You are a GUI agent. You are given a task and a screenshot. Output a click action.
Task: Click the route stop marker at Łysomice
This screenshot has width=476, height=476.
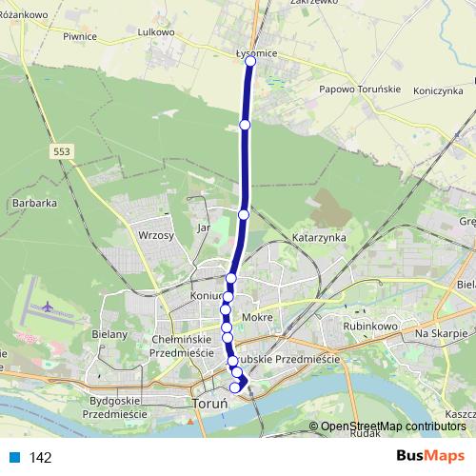click(250, 61)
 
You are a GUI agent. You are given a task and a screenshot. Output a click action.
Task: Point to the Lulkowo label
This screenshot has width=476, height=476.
click(155, 31)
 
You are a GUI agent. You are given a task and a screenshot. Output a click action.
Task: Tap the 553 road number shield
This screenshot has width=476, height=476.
click(62, 151)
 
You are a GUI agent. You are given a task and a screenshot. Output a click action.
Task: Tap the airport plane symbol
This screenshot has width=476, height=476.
click(48, 307)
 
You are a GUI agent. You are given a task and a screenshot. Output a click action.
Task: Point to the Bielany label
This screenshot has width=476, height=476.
click(110, 334)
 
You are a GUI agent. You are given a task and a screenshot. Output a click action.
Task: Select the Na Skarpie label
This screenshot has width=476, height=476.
click(441, 334)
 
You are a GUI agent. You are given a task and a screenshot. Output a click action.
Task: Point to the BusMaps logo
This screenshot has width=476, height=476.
click(429, 456)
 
